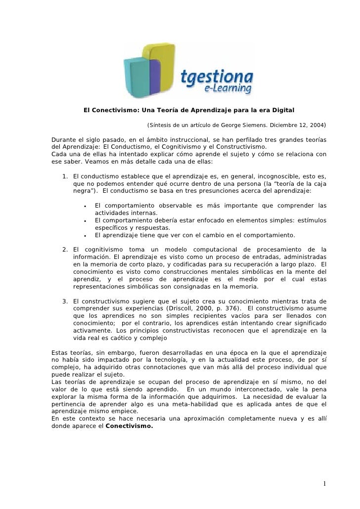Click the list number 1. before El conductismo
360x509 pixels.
65,176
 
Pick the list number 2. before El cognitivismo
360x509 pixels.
65,249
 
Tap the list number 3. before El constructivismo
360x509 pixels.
65,301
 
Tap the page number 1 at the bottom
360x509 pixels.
324,483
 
